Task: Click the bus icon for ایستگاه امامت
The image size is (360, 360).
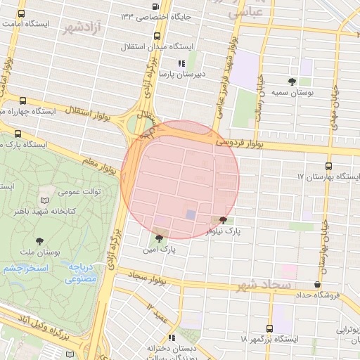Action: coord(22,13)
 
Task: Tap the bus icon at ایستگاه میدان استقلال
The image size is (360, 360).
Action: coord(156,36)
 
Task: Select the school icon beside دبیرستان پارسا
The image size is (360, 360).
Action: coord(182,63)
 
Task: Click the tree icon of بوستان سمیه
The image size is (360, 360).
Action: coord(292,82)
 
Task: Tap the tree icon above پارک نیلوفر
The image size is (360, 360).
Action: coord(224,220)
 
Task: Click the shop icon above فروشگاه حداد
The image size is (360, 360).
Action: coord(318,285)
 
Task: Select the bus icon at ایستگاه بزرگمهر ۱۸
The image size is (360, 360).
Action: coord(269,328)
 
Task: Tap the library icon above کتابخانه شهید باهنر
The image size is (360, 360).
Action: coord(46,200)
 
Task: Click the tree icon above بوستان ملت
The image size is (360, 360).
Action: coord(39,240)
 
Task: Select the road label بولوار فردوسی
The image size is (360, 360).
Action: coord(239,143)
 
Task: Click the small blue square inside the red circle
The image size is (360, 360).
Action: coord(191,214)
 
